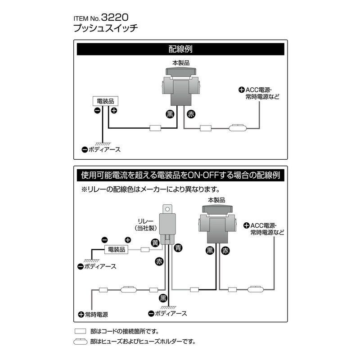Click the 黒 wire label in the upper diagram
(170, 114)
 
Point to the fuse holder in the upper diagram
(237, 128)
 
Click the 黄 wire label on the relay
(155, 243)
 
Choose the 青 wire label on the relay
(178, 246)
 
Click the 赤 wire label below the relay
(159, 261)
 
